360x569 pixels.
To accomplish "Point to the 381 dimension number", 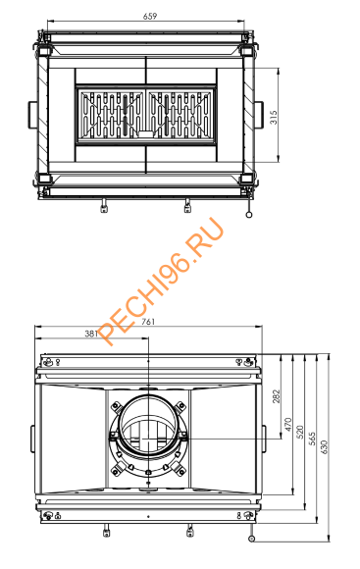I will tap(91, 334).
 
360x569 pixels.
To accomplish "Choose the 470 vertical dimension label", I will tap(287, 426).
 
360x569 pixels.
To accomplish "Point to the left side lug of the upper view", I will tap(32, 110).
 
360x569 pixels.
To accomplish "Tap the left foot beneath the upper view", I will tap(104, 205).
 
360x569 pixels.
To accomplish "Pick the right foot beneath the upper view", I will tap(187, 205).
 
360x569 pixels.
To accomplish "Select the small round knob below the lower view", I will tap(252, 539).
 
